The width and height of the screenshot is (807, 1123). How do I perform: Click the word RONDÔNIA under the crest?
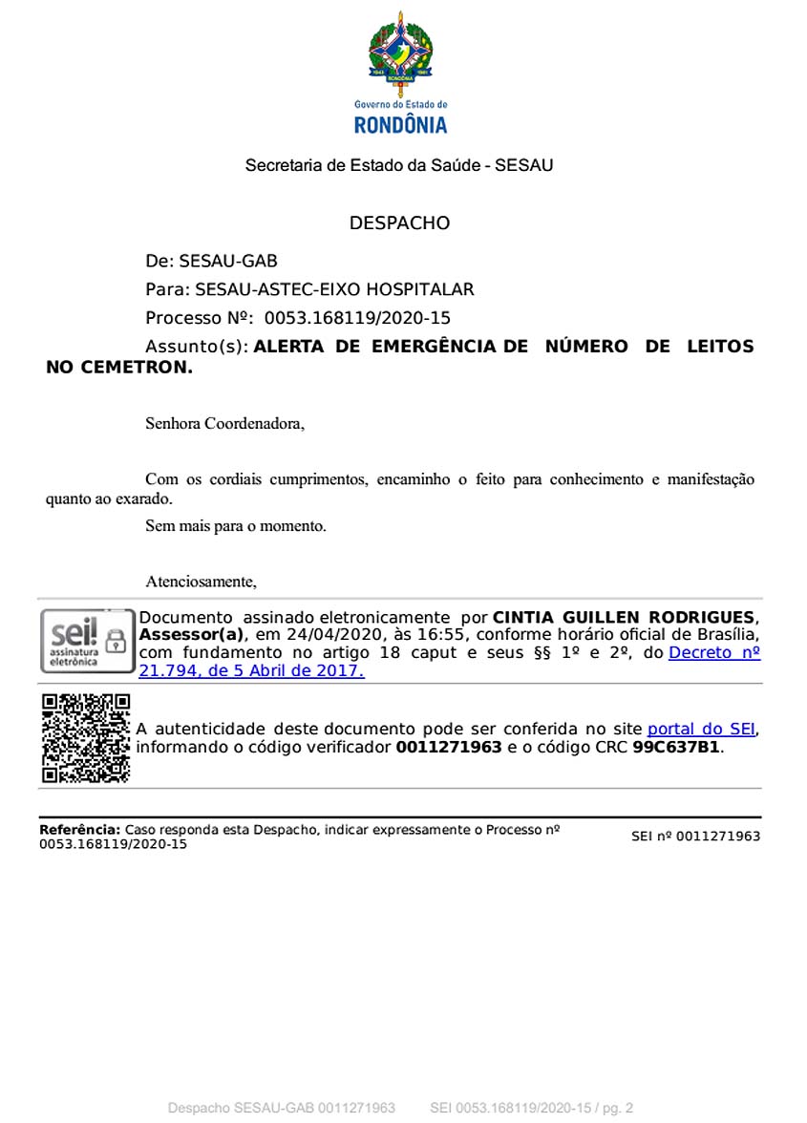pyautogui.click(x=400, y=125)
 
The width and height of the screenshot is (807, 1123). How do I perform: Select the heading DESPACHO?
pyautogui.click(x=399, y=223)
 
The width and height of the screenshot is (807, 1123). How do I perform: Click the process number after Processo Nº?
pyautogui.click(x=357, y=318)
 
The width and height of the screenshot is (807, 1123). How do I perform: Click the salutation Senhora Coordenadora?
pyautogui.click(x=224, y=422)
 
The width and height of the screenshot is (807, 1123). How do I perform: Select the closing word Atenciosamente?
pyautogui.click(x=201, y=581)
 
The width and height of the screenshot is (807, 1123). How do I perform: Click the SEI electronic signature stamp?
pyautogui.click(x=87, y=642)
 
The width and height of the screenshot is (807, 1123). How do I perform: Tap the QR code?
pyautogui.click(x=86, y=738)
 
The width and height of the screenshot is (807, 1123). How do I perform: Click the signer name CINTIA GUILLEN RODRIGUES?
pyautogui.click(x=624, y=617)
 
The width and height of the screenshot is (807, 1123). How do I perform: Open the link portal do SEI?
pyautogui.click(x=701, y=729)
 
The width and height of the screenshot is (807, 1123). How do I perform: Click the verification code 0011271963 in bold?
pyautogui.click(x=449, y=747)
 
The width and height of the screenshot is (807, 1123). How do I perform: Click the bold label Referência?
pyautogui.click(x=80, y=830)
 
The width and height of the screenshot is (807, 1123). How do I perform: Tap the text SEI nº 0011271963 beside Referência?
pyautogui.click(x=695, y=837)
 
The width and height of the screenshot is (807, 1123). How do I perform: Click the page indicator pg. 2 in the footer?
pyautogui.click(x=616, y=1108)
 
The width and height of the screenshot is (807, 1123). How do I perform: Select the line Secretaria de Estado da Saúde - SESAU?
pyautogui.click(x=399, y=165)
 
